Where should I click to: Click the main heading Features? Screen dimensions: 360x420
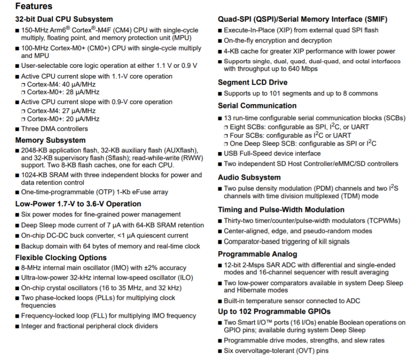pyautogui.click(x=34, y=6)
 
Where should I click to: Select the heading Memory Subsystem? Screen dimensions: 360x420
pyautogui.click(x=50, y=140)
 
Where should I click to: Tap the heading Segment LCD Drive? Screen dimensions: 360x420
pyautogui.click(x=252, y=83)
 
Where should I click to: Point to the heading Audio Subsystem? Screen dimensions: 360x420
pyautogui.click(x=249, y=177)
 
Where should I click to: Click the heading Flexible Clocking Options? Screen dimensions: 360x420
pyautogui.click(x=61, y=258)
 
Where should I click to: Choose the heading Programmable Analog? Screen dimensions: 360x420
pyautogui.click(x=257, y=254)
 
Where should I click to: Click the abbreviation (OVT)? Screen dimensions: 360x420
pyautogui.click(x=301, y=351)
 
